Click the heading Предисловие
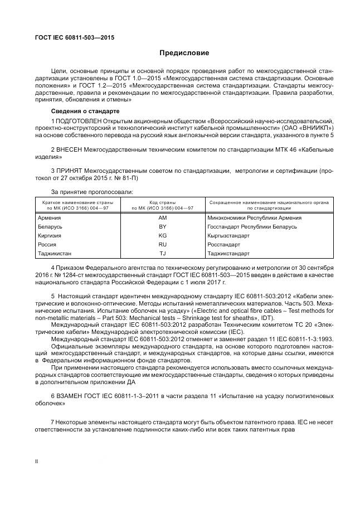click(x=184, y=54)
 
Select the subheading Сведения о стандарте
click(x=80, y=111)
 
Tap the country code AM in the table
click(x=162, y=217)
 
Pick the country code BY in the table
click(x=162, y=226)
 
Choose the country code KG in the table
click(x=162, y=235)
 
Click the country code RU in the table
click(x=162, y=244)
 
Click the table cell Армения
click(x=49, y=217)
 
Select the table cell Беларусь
click(x=50, y=226)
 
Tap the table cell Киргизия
click(x=50, y=235)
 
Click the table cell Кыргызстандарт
click(x=228, y=235)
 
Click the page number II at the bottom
click(x=37, y=460)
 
